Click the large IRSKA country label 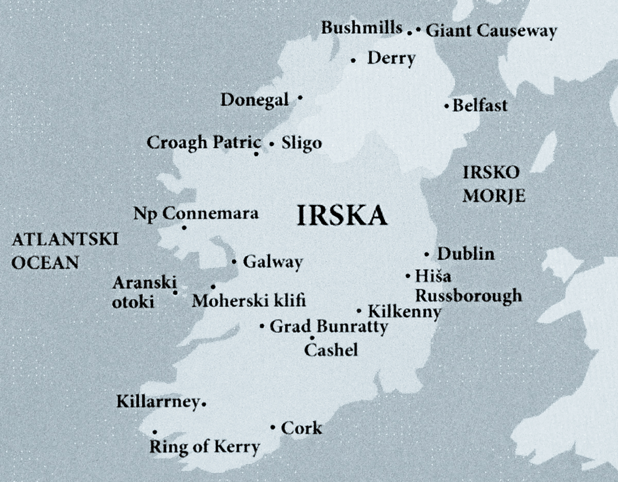(342, 217)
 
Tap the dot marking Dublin (427, 255)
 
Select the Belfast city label (480, 106)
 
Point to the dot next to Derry (353, 61)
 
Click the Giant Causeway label (491, 31)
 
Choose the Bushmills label (362, 28)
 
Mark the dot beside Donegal (300, 97)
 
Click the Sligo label (301, 144)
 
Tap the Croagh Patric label (204, 142)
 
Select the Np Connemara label (196, 213)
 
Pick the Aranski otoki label (144, 292)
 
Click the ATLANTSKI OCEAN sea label (65, 251)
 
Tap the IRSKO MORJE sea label (493, 184)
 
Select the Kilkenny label (404, 312)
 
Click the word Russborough (469, 296)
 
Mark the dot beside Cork (272, 427)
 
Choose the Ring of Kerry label (204, 447)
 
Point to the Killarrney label (158, 402)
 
